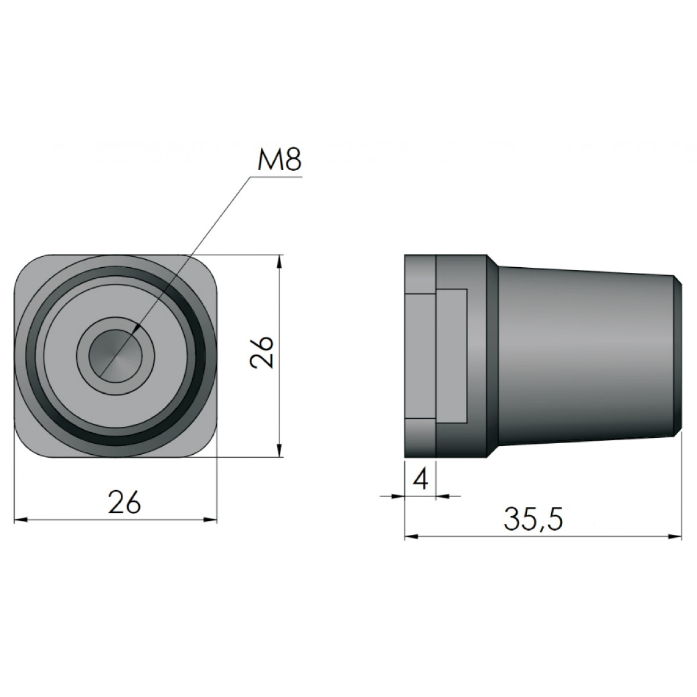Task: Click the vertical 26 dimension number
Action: point(262,353)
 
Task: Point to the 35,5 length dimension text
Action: point(533,520)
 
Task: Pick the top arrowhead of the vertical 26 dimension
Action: point(279,261)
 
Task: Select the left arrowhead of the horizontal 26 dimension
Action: point(20,520)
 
